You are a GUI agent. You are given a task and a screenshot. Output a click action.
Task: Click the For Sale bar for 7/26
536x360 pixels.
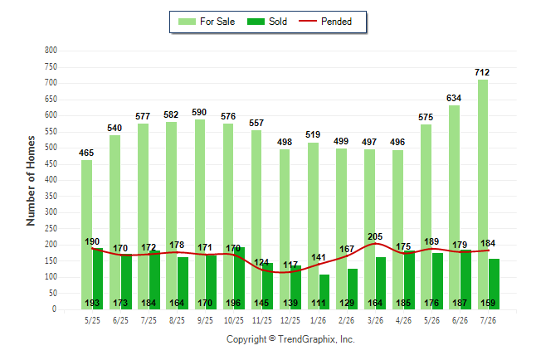pyautogui.click(x=483, y=195)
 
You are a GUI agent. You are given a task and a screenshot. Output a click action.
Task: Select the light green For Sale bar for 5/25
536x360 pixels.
pyautogui.click(x=86, y=235)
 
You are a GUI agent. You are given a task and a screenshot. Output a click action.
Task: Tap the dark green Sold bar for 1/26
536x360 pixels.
pyautogui.click(x=324, y=292)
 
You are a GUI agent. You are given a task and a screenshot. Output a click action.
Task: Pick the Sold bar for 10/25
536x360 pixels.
pyautogui.click(x=240, y=278)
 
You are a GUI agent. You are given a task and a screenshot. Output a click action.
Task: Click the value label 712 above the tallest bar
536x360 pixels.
pyautogui.click(x=482, y=72)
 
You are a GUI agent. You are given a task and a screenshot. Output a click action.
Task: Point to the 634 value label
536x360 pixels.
pyautogui.click(x=454, y=98)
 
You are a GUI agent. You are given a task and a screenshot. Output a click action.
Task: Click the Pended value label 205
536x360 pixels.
pyautogui.click(x=375, y=236)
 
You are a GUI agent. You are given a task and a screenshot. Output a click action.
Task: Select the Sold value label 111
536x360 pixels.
pyautogui.click(x=319, y=303)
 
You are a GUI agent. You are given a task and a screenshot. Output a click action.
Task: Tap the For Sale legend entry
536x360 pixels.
pyautogui.click(x=207, y=22)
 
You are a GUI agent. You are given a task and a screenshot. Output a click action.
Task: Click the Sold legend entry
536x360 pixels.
pyautogui.click(x=267, y=22)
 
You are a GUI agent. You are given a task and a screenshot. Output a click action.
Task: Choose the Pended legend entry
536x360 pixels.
pyautogui.click(x=325, y=22)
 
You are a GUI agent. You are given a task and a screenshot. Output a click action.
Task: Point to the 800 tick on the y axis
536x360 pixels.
pyautogui.click(x=51, y=51)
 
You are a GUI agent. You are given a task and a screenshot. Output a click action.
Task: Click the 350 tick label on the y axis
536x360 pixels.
pyautogui.click(x=51, y=197)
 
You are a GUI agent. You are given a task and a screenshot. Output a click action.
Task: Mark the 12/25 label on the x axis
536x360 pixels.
pyautogui.click(x=290, y=320)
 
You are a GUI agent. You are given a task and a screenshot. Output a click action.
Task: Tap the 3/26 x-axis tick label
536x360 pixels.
pyautogui.click(x=375, y=320)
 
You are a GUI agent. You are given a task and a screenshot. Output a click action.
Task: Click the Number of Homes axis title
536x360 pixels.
pyautogui.click(x=31, y=181)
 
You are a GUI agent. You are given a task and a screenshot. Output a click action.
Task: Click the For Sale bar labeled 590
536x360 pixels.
pyautogui.click(x=200, y=215)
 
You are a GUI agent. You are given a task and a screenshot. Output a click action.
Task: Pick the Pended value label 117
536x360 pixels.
pyautogui.click(x=290, y=265)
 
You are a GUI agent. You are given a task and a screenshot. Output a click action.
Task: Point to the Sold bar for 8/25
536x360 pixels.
pyautogui.click(x=183, y=284)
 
